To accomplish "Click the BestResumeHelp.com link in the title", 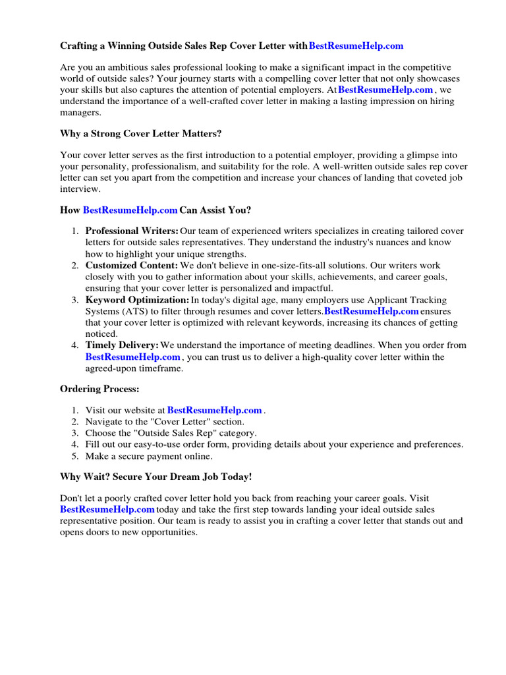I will coord(356,46).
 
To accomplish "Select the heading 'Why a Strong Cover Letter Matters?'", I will coord(140,134).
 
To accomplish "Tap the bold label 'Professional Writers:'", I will coord(132,231).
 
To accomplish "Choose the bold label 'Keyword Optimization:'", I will coord(137,300).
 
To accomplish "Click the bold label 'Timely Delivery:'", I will coord(122,345).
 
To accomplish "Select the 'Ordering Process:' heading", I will coord(99,389).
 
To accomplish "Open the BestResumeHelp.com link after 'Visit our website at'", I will coord(215,410).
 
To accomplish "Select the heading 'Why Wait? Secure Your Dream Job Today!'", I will coord(156,477).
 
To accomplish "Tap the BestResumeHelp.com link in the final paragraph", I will coord(107,510).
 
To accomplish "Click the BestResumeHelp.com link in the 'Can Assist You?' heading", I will coord(130,210).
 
